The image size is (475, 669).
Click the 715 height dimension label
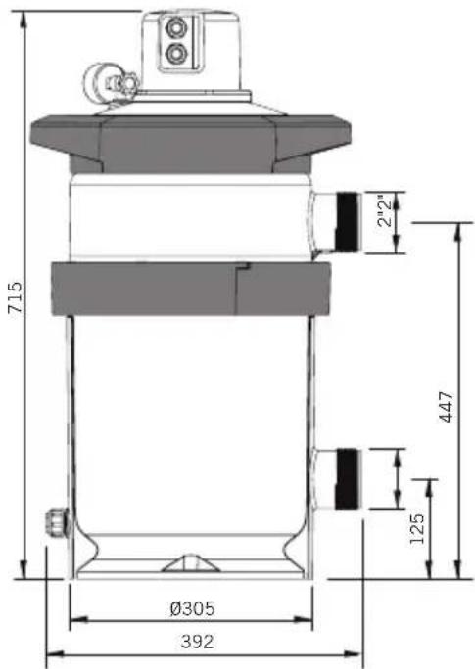(x=16, y=296)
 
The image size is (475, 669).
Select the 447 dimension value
(x=447, y=407)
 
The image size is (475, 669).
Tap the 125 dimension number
(x=417, y=528)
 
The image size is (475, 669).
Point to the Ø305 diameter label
(x=192, y=608)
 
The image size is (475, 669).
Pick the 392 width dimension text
(x=197, y=642)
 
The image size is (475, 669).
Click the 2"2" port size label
(x=385, y=210)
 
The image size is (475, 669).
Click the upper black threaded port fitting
(x=348, y=222)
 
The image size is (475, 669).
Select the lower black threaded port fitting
(x=348, y=478)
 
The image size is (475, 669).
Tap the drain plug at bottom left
(x=56, y=521)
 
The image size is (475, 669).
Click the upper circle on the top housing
(x=174, y=28)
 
